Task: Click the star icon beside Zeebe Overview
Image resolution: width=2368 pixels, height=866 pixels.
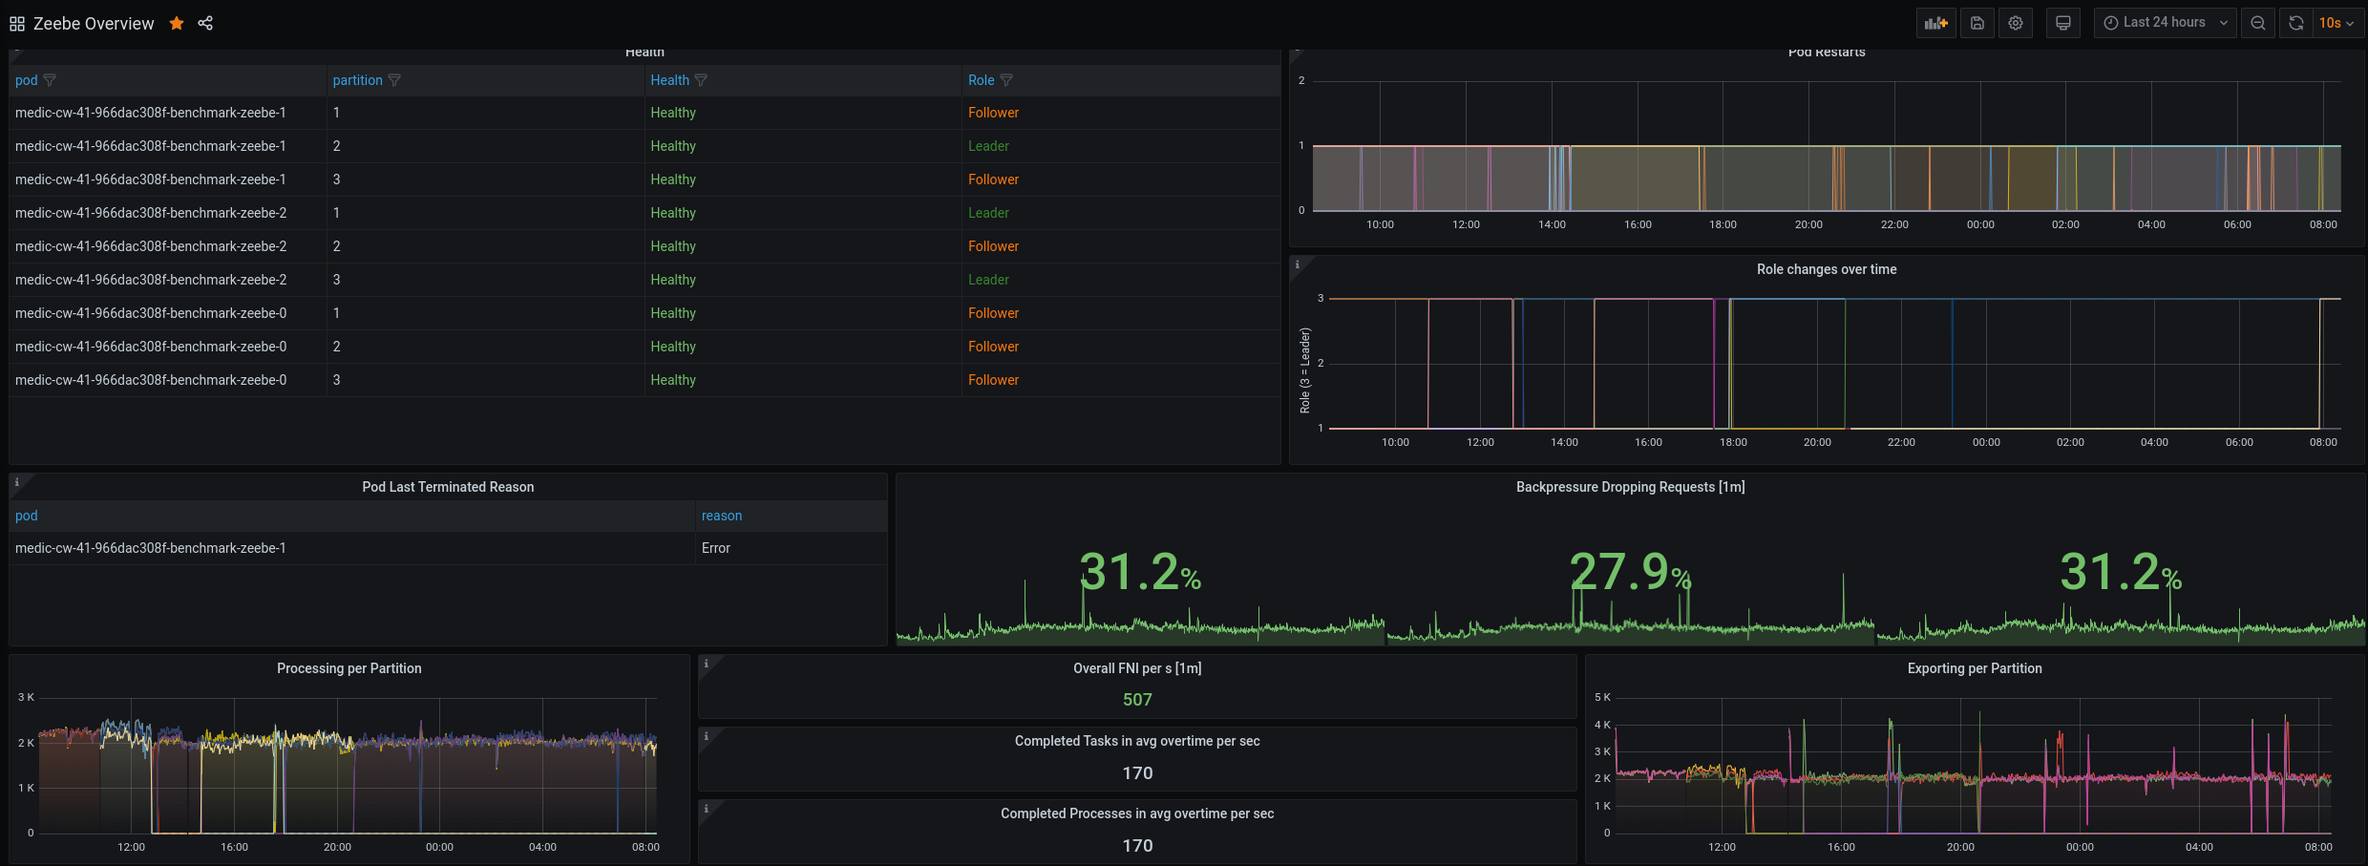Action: (x=177, y=23)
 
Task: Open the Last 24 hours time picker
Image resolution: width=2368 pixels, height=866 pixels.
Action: (x=2165, y=23)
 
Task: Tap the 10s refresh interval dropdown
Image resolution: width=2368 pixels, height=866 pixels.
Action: (x=2336, y=23)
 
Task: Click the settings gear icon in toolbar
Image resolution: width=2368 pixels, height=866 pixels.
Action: (x=2016, y=23)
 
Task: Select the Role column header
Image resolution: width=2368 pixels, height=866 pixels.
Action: (x=981, y=80)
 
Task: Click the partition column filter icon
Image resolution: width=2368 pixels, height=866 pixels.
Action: (x=394, y=80)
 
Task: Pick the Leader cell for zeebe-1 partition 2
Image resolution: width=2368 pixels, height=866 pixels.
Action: (x=988, y=146)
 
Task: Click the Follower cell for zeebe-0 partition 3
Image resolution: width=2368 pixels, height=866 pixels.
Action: (x=993, y=380)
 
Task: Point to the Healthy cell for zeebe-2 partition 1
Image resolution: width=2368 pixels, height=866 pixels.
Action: (x=673, y=213)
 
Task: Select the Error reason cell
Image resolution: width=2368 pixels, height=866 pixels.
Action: (x=716, y=548)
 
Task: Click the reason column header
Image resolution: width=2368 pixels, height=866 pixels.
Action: (x=722, y=516)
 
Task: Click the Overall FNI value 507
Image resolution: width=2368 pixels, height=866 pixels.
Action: (x=1137, y=700)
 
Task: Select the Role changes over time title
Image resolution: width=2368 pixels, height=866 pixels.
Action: (x=1827, y=269)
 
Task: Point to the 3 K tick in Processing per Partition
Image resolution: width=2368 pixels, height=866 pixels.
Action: (x=26, y=697)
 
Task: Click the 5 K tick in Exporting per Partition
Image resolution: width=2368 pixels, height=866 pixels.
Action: (x=1602, y=697)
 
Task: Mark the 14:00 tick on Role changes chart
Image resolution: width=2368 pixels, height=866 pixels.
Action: (x=1564, y=442)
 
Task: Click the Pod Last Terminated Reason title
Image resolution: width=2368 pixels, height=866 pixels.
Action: (x=448, y=487)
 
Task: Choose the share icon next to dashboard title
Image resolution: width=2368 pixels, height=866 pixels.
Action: (x=205, y=23)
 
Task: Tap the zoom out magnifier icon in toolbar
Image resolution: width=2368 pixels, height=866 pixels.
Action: (x=2258, y=23)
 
